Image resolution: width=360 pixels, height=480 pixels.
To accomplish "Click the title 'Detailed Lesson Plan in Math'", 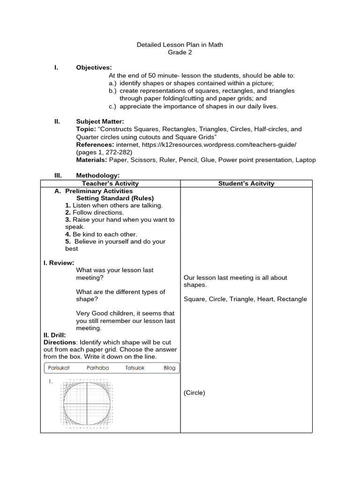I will pyautogui.click(x=180, y=45).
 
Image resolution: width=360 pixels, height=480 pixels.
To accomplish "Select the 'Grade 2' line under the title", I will pyautogui.click(x=180, y=52).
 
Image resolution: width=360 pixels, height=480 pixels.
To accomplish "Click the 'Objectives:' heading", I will pyautogui.click(x=94, y=68).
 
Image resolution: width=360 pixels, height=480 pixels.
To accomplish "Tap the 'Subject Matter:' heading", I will pyautogui.click(x=100, y=121).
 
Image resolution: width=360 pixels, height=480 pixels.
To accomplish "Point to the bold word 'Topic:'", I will pyautogui.click(x=86, y=129).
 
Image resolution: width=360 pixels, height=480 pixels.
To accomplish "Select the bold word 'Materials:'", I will pyautogui.click(x=91, y=160).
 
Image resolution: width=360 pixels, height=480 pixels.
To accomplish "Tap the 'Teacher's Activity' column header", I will pyautogui.click(x=110, y=183).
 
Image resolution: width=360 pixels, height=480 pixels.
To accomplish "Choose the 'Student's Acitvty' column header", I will pyautogui.click(x=246, y=183).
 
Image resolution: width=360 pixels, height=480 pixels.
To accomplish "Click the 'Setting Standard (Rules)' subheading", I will pyautogui.click(x=115, y=198).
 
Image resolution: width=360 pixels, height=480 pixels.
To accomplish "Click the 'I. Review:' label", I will pyautogui.click(x=59, y=263).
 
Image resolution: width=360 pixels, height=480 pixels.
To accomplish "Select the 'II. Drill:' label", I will pyautogui.click(x=55, y=335).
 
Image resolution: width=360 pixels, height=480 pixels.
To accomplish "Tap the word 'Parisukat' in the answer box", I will pyautogui.click(x=59, y=368).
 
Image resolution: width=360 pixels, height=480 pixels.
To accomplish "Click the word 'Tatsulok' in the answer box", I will pyautogui.click(x=136, y=368).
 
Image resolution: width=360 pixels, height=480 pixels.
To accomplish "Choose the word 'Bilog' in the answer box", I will pyautogui.click(x=169, y=368).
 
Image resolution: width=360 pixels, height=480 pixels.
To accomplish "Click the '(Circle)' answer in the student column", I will pyautogui.click(x=195, y=393).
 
